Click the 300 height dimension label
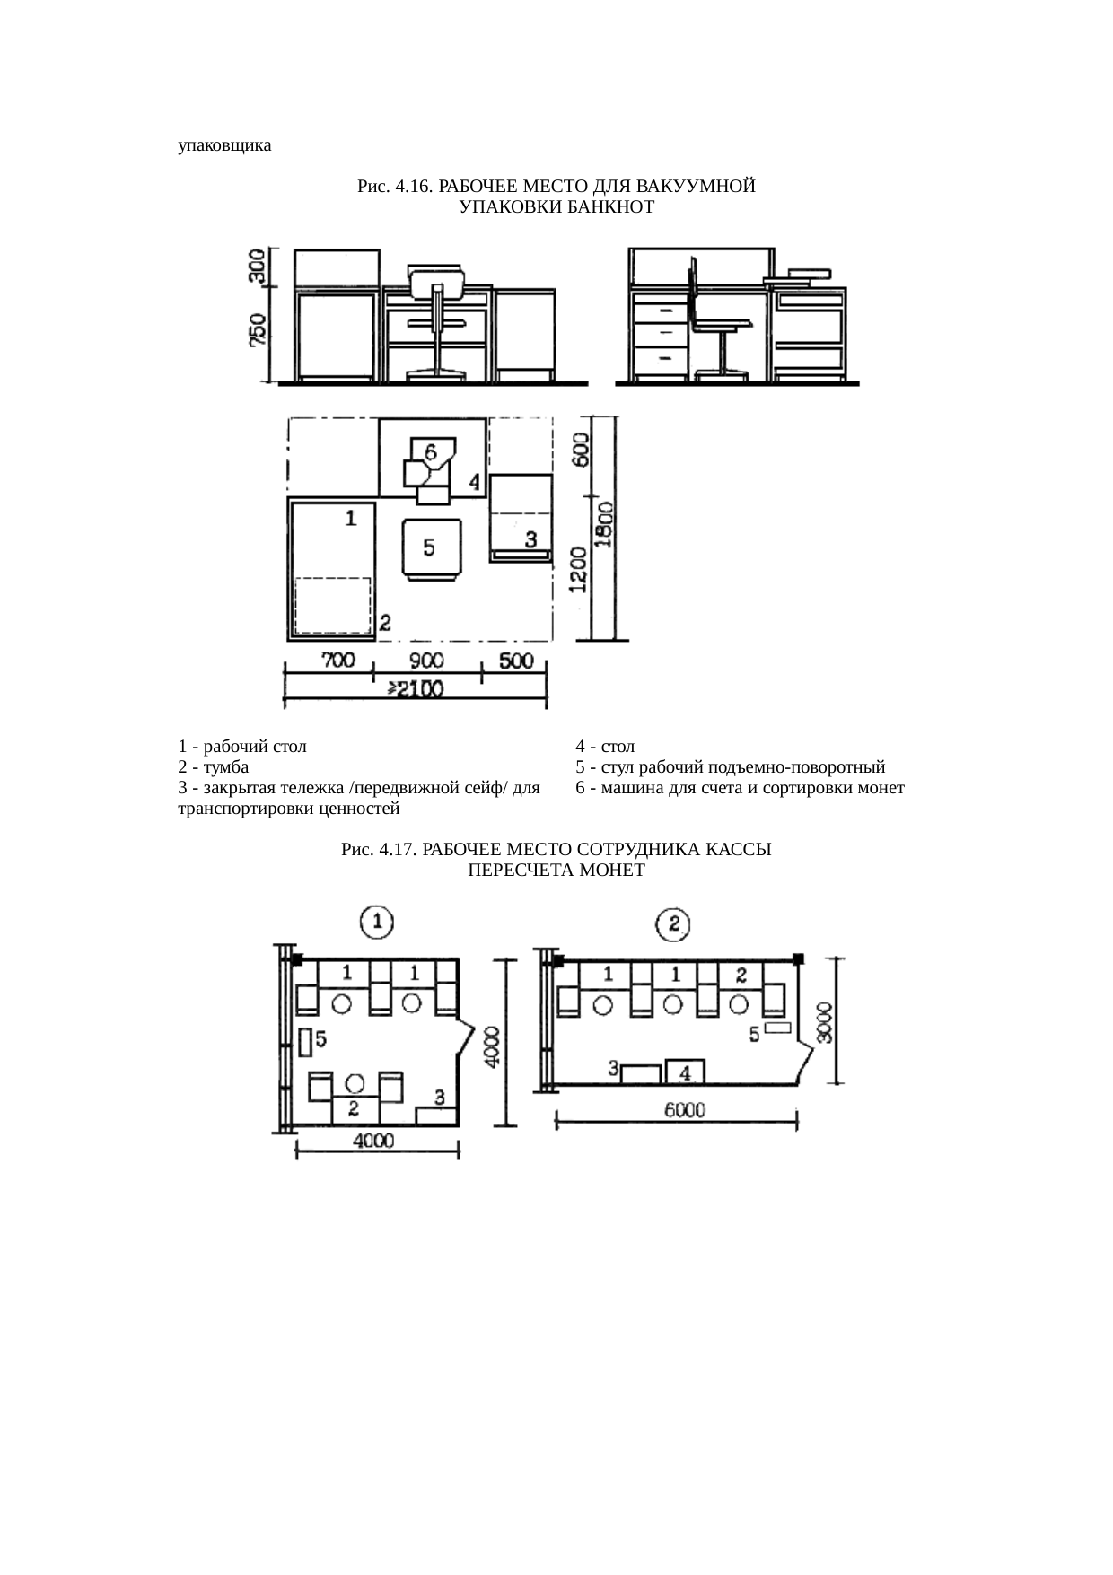tap(258, 267)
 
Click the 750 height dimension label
tap(258, 330)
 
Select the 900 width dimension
tap(426, 661)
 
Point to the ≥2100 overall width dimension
tap(416, 689)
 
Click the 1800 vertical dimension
tap(607, 524)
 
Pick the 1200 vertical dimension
tap(579, 570)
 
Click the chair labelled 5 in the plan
tap(431, 549)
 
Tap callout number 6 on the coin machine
tap(431, 451)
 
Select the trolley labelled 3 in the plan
tap(520, 518)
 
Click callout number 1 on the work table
tap(351, 517)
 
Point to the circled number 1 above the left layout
tap(377, 922)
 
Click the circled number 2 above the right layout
tap(673, 923)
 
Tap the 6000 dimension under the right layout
tap(685, 1110)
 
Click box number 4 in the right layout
tap(685, 1072)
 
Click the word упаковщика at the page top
tap(224, 145)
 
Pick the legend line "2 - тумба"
tap(214, 767)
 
